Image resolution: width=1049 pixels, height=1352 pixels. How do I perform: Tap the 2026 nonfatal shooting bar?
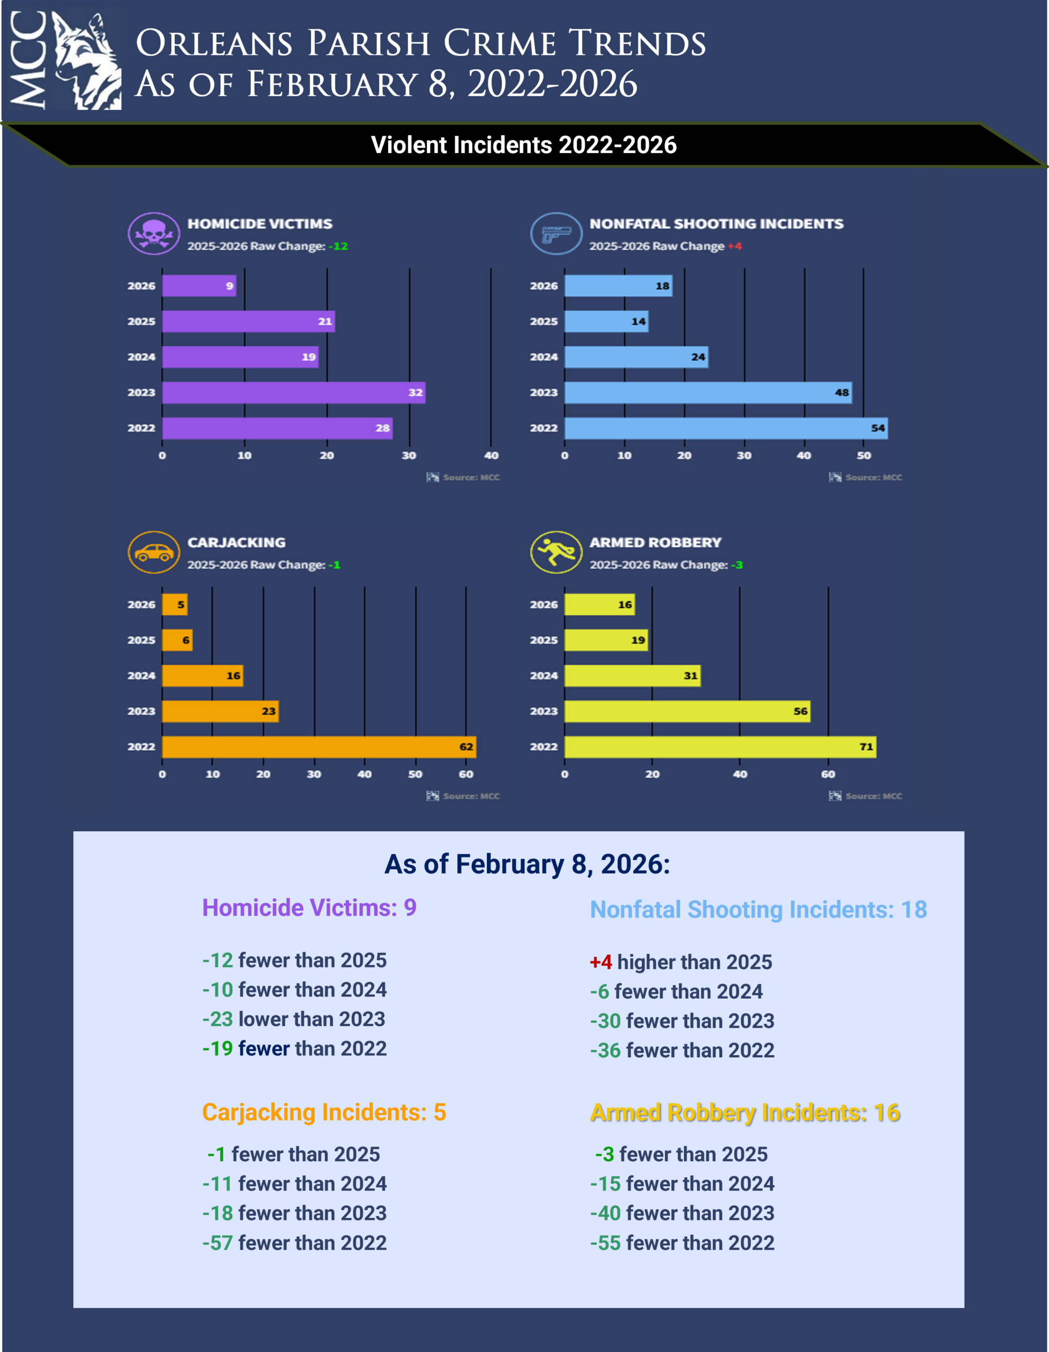click(x=617, y=286)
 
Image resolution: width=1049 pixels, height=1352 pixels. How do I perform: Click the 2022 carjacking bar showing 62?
click(x=319, y=747)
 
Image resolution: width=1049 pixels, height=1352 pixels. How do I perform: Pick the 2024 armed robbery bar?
click(x=632, y=675)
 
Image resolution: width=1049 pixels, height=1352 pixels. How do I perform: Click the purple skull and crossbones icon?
click(x=154, y=233)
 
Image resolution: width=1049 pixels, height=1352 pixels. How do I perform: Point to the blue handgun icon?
click(x=556, y=233)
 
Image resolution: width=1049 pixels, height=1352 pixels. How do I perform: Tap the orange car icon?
click(x=154, y=552)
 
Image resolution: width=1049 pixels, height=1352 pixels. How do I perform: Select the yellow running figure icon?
click(x=556, y=552)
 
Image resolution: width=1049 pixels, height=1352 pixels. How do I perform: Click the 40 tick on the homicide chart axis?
click(x=491, y=456)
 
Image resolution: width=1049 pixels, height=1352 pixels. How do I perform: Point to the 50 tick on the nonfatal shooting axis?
click(x=863, y=456)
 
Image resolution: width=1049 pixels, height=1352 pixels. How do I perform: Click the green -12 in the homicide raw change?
click(x=339, y=247)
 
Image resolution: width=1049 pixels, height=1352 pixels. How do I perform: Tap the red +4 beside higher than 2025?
click(x=600, y=962)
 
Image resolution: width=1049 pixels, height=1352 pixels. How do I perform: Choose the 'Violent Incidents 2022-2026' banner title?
click(x=524, y=145)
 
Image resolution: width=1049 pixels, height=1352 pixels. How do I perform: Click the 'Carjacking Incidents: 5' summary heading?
click(x=324, y=1112)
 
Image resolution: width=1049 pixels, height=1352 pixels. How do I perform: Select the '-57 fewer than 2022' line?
click(x=294, y=1243)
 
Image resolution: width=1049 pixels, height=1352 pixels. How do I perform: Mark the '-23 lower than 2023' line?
click(x=294, y=1019)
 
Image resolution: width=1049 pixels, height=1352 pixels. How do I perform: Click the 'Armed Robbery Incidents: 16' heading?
click(x=744, y=1112)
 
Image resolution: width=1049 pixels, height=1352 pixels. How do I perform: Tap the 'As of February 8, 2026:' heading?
click(x=527, y=864)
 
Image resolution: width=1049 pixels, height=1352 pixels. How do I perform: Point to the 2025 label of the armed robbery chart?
click(x=544, y=640)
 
